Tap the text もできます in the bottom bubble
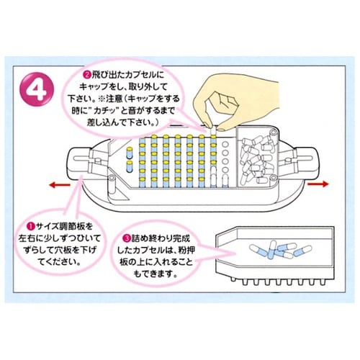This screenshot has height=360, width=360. [x=155, y=275]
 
